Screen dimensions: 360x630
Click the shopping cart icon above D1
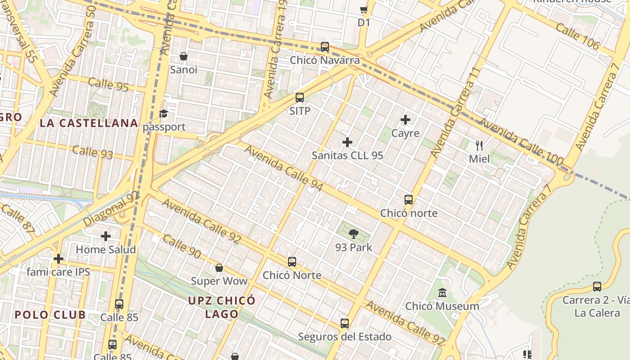tap(364, 9)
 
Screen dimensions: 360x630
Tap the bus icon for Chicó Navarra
tap(324, 47)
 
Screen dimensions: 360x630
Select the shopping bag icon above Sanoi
tap(184, 56)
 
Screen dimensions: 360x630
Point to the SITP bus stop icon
tap(300, 98)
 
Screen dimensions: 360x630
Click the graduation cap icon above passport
tap(164, 113)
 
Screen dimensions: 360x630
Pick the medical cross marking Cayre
tap(405, 120)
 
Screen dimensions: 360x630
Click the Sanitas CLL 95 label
tap(347, 155)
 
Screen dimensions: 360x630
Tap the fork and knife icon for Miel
tap(479, 145)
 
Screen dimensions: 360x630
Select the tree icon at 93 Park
tap(354, 234)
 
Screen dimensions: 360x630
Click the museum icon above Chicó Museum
tap(442, 293)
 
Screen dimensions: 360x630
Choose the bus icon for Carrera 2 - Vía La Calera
tap(597, 287)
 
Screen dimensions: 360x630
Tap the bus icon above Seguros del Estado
tap(345, 323)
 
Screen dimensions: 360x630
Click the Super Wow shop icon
tap(219, 268)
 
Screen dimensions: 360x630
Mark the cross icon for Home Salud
tap(106, 236)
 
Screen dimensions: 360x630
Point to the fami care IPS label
tap(58, 272)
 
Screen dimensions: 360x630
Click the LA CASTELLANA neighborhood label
tap(89, 123)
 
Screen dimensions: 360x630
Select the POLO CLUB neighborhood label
tap(50, 315)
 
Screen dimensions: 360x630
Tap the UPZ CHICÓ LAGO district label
tap(221, 307)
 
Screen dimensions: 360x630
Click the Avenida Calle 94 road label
tap(283, 167)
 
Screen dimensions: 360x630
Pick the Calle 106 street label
tap(577, 36)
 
